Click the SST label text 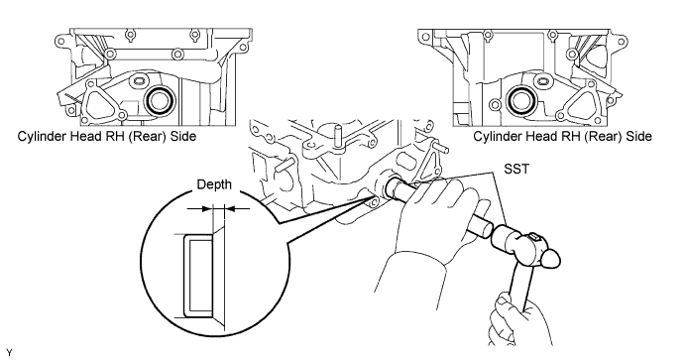pyautogui.click(x=515, y=169)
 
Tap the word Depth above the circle pyautogui.click(x=214, y=184)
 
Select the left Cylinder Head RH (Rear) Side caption pyautogui.click(x=107, y=136)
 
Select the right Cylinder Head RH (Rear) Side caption pyautogui.click(x=562, y=136)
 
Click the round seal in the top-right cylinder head pyautogui.click(x=521, y=100)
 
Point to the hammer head pyautogui.click(x=525, y=247)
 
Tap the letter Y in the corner pyautogui.click(x=10, y=353)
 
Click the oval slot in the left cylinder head pyautogui.click(x=139, y=81)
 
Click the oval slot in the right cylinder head pyautogui.click(x=542, y=81)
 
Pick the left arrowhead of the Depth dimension pyautogui.click(x=206, y=209)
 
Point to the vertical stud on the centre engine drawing pyautogui.click(x=338, y=136)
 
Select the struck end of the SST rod pyautogui.click(x=484, y=228)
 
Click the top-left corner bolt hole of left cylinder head pyautogui.click(x=60, y=42)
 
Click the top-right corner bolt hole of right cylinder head pyautogui.click(x=621, y=42)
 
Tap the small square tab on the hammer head pyautogui.click(x=534, y=237)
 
